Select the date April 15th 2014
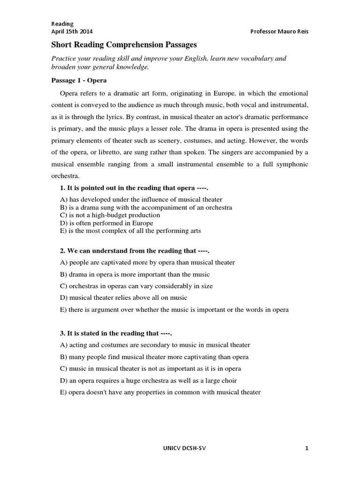pos(72,31)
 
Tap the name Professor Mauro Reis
pos(280,31)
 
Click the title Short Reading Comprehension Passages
pos(124,45)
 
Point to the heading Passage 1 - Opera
pos(79,80)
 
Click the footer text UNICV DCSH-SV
pos(181,448)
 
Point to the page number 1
pos(307,448)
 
